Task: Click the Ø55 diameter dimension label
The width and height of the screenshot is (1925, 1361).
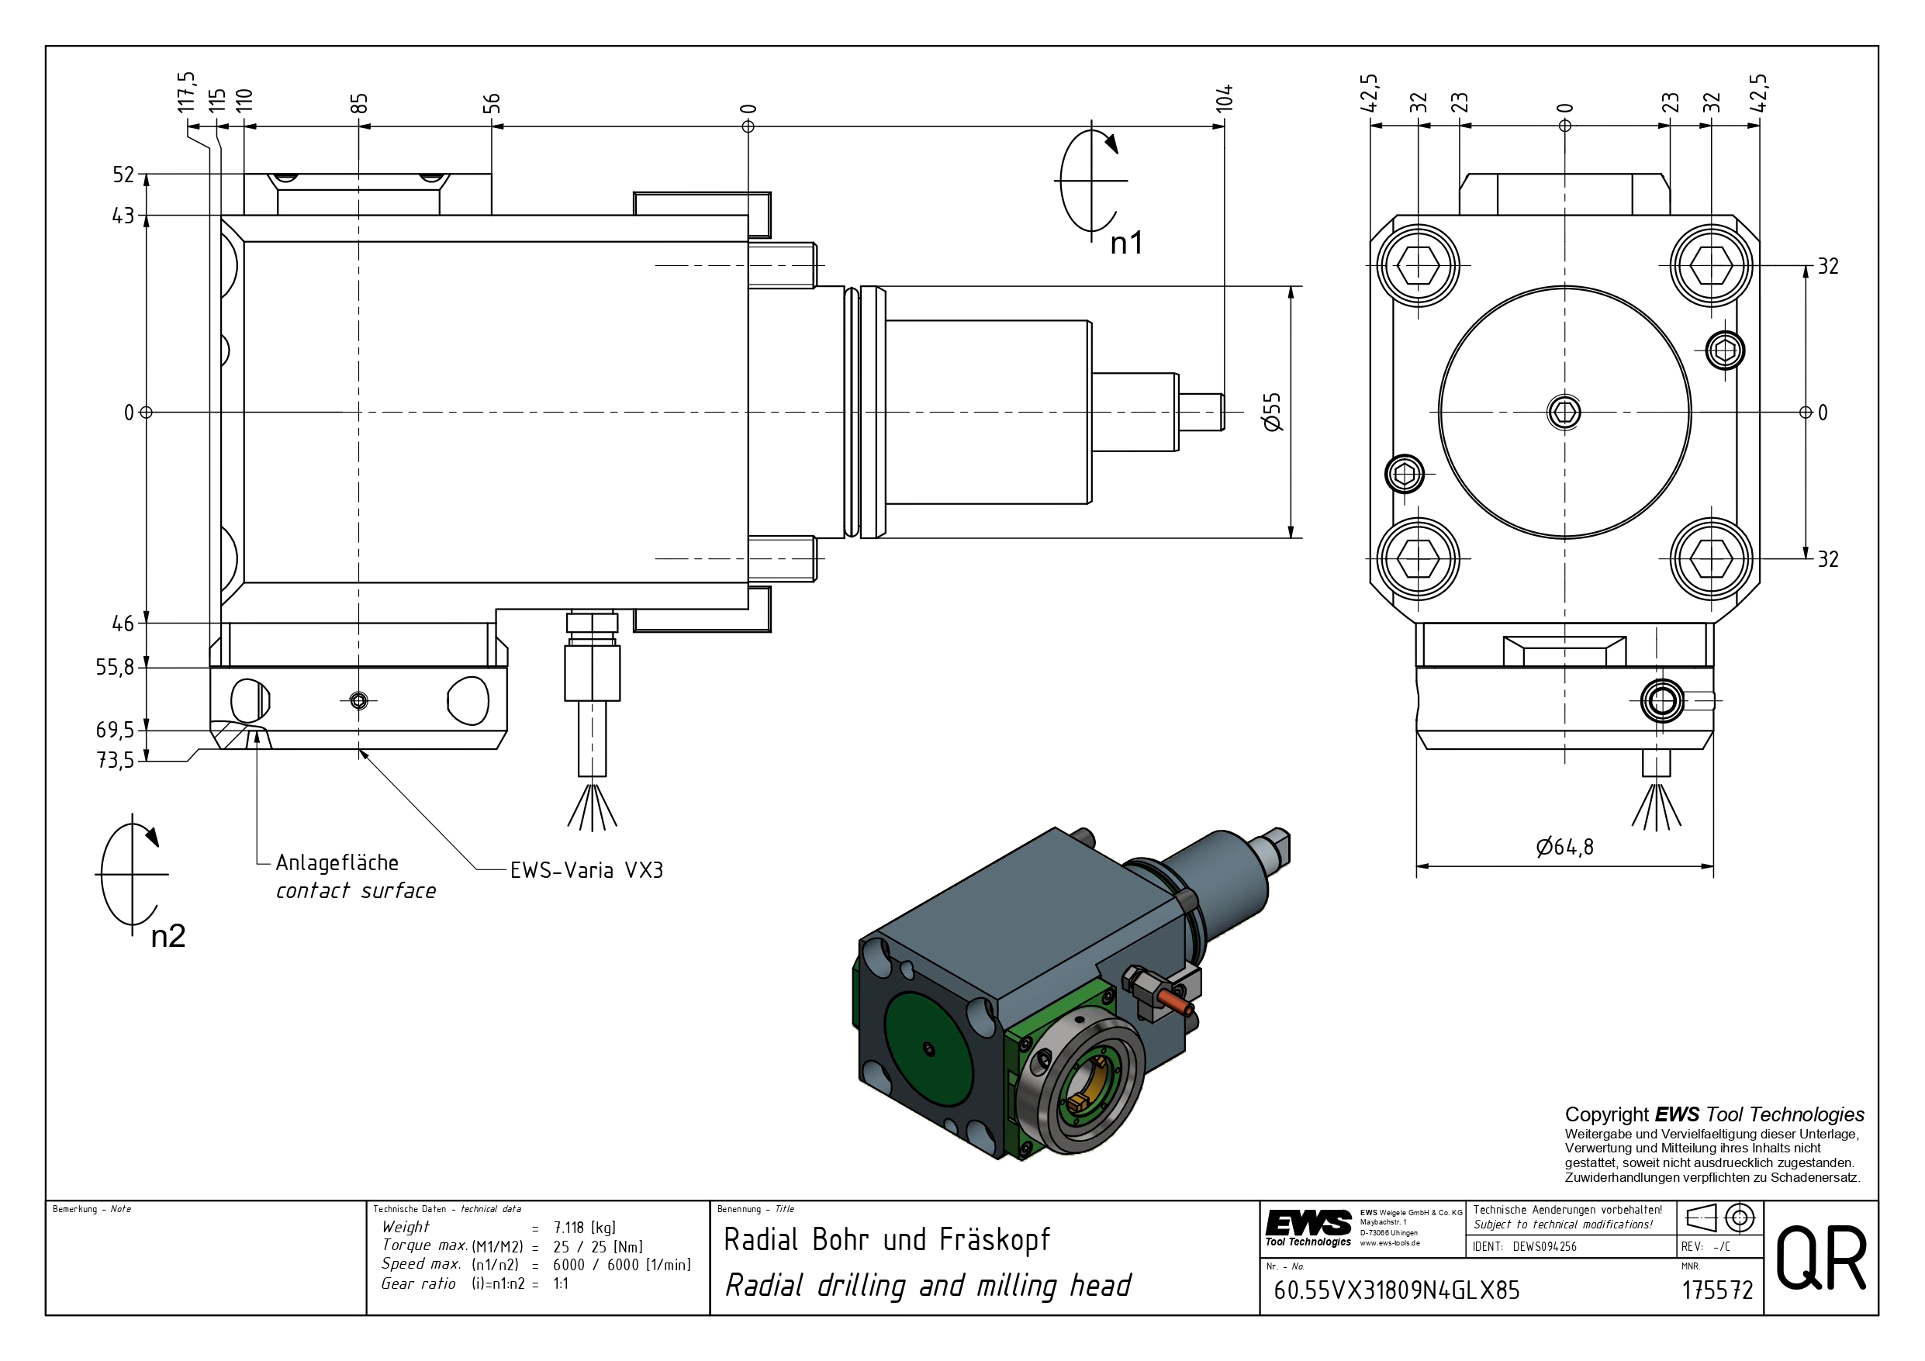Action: coord(1272,412)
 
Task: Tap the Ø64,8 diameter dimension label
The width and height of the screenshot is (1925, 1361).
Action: coord(1564,848)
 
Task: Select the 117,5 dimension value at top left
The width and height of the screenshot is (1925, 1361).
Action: coord(186,92)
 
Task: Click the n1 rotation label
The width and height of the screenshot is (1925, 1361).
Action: coord(1126,244)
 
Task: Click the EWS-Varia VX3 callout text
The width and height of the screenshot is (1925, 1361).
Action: coord(586,870)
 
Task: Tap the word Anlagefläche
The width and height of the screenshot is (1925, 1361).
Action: coord(337,863)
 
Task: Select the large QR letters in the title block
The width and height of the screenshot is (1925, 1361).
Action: coord(1821,1258)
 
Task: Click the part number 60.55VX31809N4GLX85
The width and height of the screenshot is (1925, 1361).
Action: coord(1396,1290)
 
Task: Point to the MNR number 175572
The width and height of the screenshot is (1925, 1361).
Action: coord(1717,1290)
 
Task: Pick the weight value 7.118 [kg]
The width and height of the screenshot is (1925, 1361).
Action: coord(584,1228)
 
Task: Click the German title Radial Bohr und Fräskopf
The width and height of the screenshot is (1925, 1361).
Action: coord(886,1239)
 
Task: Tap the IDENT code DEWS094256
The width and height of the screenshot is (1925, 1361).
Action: coord(1544,1247)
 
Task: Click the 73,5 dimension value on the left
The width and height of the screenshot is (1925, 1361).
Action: coord(115,761)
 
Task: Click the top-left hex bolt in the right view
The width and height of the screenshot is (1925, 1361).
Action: coord(1418,266)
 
